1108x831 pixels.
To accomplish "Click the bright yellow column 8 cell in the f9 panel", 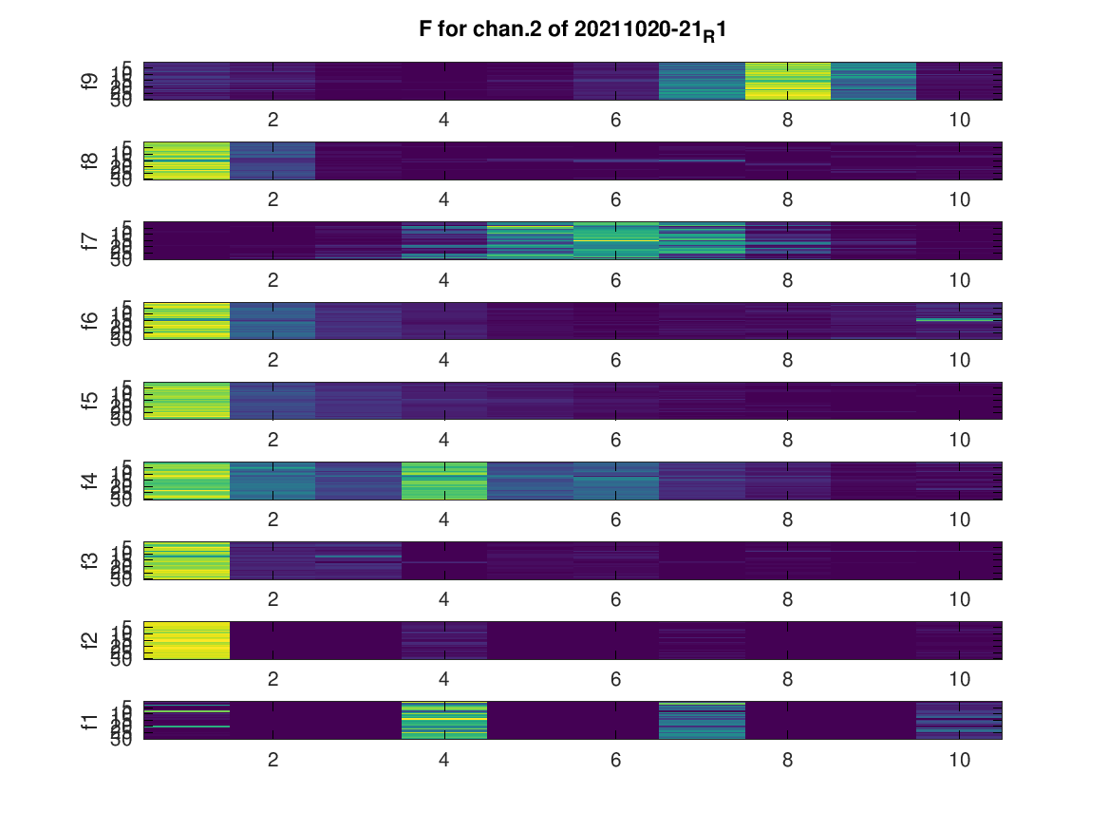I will [787, 81].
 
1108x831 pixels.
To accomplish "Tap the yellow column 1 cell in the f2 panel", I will [186, 640].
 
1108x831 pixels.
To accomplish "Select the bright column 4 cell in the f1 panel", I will [443, 720].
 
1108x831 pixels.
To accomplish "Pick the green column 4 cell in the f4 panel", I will [443, 481].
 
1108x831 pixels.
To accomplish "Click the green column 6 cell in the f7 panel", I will [615, 240].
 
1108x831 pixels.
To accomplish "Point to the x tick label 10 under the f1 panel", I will [959, 760].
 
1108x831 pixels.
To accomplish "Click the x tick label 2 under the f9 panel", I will [272, 120].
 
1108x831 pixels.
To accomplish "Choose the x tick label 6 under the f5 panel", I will [615, 440].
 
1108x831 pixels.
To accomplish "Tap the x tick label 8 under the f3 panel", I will [787, 600].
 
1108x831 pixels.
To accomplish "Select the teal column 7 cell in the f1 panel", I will [702, 720].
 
